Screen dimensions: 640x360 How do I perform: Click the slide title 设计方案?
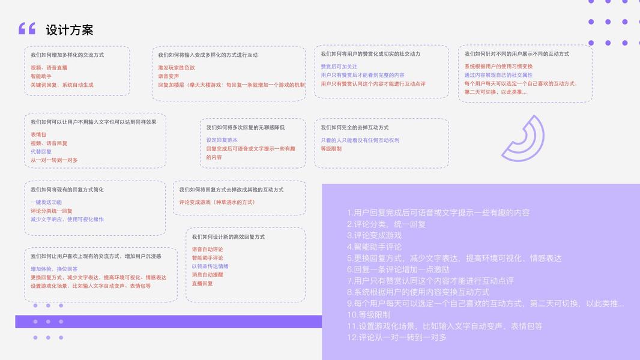coord(70,30)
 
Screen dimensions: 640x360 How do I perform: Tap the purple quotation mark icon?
coord(27,28)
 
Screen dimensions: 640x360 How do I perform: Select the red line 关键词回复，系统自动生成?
coord(62,85)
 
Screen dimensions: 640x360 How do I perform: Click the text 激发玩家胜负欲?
coord(177,68)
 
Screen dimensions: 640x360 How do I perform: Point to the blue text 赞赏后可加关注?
coord(339,67)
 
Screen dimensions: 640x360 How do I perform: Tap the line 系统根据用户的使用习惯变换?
coord(498,67)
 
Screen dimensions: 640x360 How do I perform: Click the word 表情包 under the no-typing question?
coord(38,135)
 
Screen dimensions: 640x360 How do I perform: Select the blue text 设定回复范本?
coord(222,140)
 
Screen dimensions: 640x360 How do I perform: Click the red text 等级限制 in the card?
coord(331,149)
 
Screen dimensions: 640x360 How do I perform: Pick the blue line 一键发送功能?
coord(46,202)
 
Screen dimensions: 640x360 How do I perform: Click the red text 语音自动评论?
coord(207,250)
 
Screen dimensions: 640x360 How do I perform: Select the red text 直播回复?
coord(202,283)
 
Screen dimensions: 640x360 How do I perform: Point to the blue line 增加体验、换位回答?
coord(54,269)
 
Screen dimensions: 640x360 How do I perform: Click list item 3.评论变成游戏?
coord(374,235)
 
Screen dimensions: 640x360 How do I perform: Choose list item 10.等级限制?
coord(368,314)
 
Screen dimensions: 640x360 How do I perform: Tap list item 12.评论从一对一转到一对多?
coord(396,337)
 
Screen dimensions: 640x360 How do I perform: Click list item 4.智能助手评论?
coord(374,247)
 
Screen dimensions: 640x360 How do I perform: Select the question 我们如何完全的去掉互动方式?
coord(354,128)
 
